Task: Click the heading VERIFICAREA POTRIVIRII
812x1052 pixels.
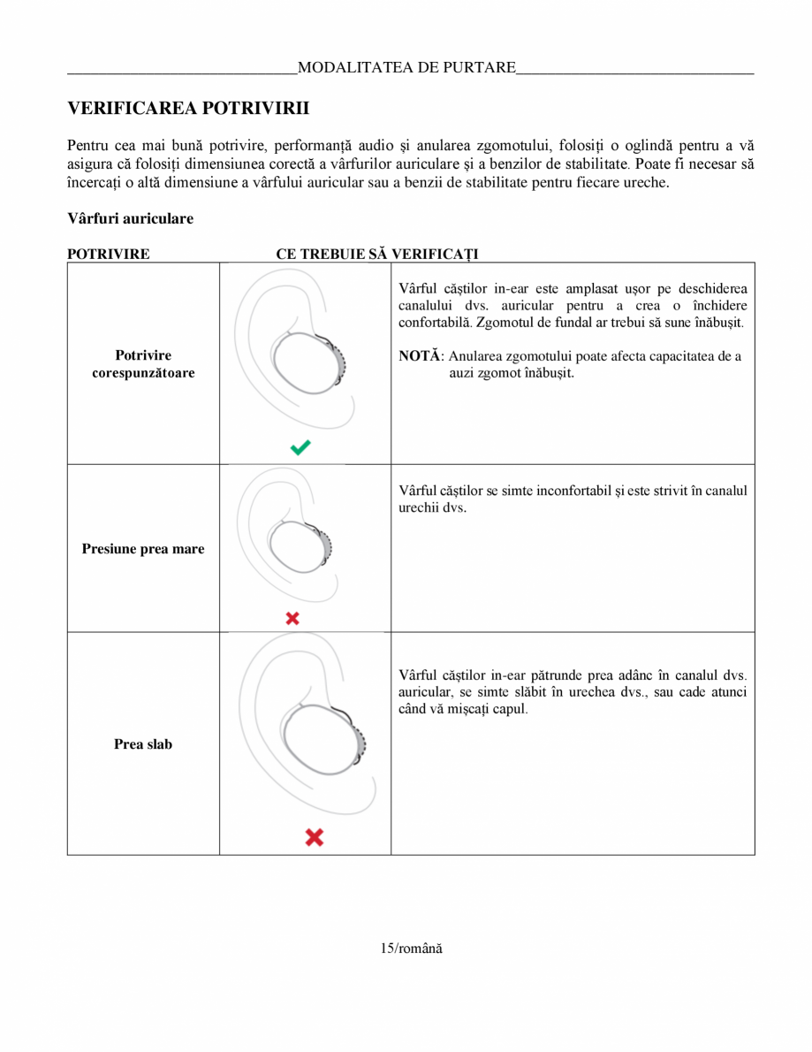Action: coord(188,109)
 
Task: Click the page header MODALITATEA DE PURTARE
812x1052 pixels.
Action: coord(406,68)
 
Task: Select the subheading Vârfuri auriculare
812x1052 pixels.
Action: coord(130,218)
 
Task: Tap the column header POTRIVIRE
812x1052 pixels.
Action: coord(109,254)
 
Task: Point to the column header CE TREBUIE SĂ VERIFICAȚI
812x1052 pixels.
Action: coord(377,254)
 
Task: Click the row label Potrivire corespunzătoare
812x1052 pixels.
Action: coord(143,364)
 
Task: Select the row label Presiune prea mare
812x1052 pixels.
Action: coord(143,549)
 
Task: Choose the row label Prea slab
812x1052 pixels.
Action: coord(143,744)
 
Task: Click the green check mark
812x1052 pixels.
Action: coord(300,447)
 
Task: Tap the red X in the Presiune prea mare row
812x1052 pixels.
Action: coord(292,619)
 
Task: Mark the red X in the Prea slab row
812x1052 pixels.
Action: coord(314,836)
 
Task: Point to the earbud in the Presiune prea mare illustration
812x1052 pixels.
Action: coord(300,547)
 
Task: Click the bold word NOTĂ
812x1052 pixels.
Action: coord(419,356)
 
